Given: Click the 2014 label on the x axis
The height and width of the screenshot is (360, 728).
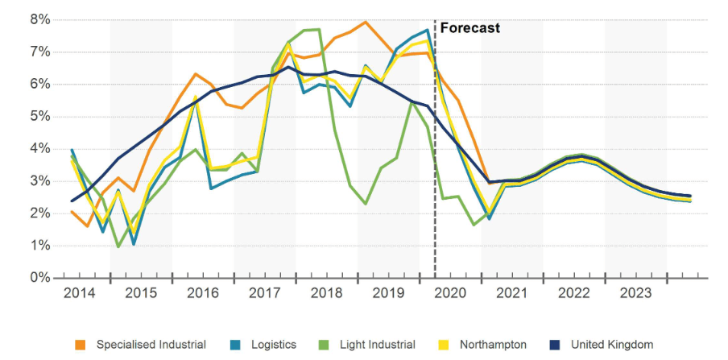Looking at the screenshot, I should point(80,293).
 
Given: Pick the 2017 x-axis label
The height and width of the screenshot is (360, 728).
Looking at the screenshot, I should point(265,293).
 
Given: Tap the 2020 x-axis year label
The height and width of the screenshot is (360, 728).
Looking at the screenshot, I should point(450,293).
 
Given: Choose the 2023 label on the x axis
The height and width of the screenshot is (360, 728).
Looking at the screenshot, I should point(635,293).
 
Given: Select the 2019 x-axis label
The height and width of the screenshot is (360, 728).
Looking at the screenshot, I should point(388,293).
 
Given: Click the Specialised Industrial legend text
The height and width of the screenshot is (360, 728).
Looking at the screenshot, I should point(151,345).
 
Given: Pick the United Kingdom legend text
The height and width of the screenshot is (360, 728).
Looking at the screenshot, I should point(613,345).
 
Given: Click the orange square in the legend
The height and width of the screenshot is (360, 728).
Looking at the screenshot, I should point(81,345).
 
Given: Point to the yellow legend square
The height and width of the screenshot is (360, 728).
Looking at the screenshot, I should point(441,345).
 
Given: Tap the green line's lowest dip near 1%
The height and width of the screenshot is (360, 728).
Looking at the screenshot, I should point(118,246).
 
